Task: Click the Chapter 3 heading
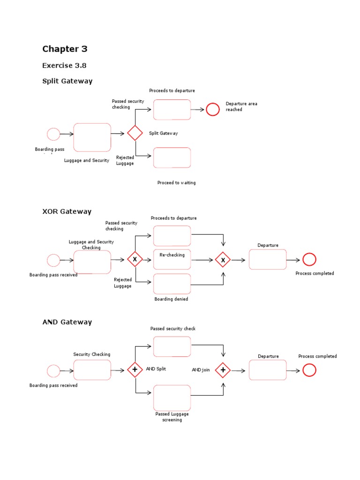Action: [x=65, y=49]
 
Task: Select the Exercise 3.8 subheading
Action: [x=64, y=66]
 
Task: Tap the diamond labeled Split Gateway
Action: [x=135, y=133]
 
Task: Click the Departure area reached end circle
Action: [x=213, y=109]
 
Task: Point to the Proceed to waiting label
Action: [x=176, y=183]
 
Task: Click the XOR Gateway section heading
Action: [x=67, y=211]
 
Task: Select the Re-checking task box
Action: [x=172, y=260]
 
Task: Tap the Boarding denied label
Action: [x=171, y=299]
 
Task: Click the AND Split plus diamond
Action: [x=135, y=370]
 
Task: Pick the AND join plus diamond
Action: [x=223, y=370]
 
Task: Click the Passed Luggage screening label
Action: [x=172, y=417]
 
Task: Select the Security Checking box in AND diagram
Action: [x=92, y=370]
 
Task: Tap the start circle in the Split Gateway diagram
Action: [x=53, y=134]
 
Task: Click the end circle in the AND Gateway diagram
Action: [x=309, y=370]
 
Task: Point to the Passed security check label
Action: [x=172, y=329]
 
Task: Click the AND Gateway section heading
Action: [x=67, y=322]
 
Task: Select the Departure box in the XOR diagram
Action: [x=267, y=260]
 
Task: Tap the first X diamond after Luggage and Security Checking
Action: [x=135, y=259]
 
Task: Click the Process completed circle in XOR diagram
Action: [x=309, y=259]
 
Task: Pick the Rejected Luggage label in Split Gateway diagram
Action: [x=125, y=160]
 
